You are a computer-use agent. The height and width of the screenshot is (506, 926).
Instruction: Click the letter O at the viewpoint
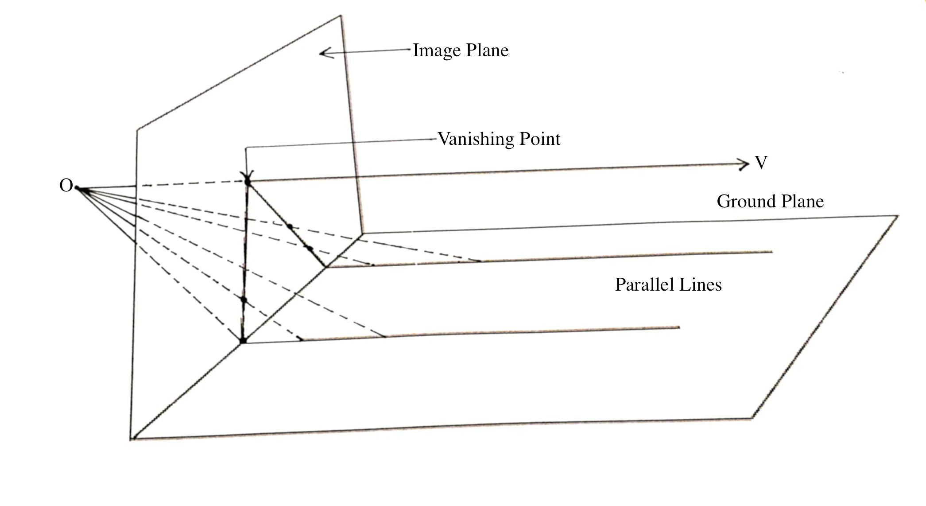click(x=66, y=185)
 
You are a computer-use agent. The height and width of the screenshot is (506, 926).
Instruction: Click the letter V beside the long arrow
click(x=761, y=163)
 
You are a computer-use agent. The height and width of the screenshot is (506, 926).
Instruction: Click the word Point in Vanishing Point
click(x=540, y=139)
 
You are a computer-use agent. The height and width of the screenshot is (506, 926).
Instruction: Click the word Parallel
click(x=642, y=284)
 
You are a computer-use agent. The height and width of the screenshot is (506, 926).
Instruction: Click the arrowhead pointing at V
click(x=744, y=164)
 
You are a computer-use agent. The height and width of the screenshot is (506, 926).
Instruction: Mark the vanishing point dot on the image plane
click(x=247, y=181)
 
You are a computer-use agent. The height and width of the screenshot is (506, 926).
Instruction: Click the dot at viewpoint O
click(x=78, y=189)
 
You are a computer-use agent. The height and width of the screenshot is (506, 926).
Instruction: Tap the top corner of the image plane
click(x=340, y=16)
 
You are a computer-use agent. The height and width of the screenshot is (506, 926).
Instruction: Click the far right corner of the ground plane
click(x=898, y=216)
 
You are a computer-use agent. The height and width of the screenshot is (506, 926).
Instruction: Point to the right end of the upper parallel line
click(x=772, y=252)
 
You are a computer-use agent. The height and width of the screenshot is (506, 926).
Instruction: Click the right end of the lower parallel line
click(x=679, y=327)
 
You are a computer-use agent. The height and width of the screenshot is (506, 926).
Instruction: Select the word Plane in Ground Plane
click(x=802, y=202)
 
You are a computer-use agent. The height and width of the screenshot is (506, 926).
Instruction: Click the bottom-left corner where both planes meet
click(x=132, y=439)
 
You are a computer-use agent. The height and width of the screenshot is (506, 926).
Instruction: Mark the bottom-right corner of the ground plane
click(x=752, y=418)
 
